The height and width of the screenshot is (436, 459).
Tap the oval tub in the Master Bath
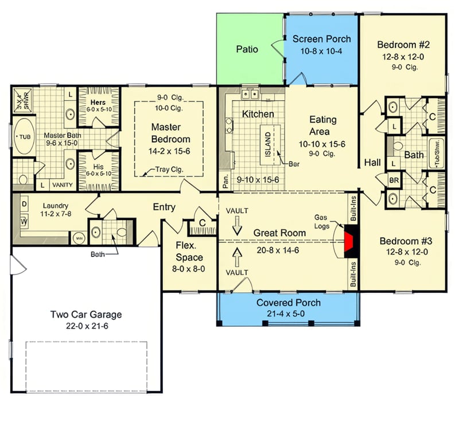(x=24, y=136)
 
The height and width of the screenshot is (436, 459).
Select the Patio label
(x=247, y=49)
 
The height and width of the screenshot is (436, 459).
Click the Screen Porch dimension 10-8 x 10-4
(x=321, y=50)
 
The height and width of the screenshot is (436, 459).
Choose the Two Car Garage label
(x=86, y=315)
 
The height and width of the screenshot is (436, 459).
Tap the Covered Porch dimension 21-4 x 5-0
(x=289, y=313)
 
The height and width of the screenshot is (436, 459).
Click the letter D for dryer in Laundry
(x=24, y=204)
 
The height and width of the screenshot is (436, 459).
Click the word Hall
(x=372, y=163)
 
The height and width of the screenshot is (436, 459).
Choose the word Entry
(x=164, y=207)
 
